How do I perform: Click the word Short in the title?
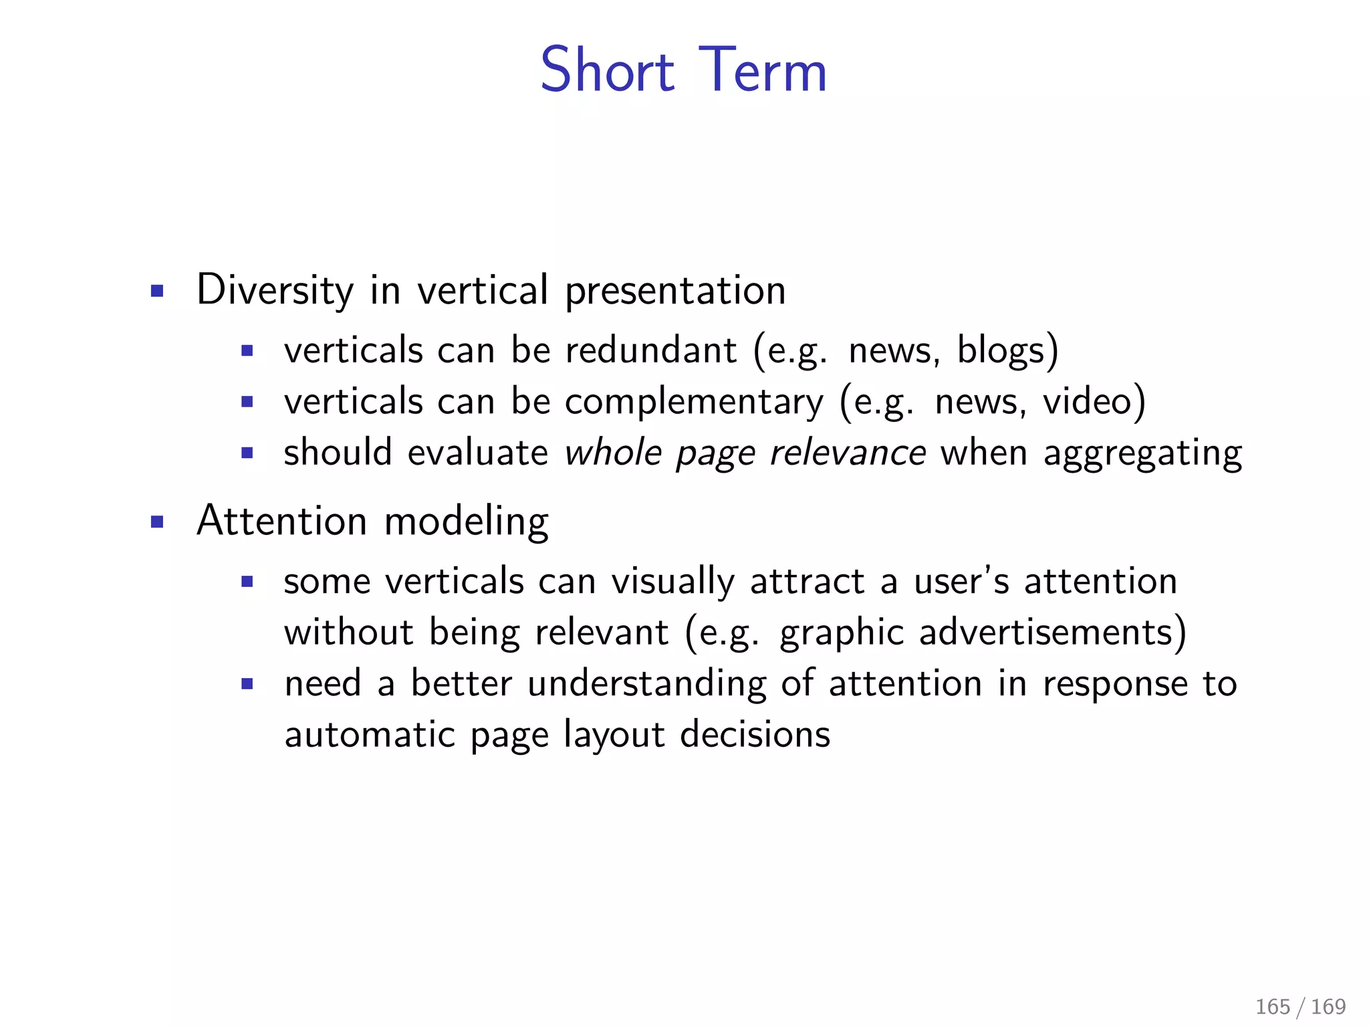tap(607, 70)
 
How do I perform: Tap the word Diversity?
tap(275, 291)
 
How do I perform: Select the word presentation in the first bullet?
tap(675, 292)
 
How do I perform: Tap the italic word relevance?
tap(848, 453)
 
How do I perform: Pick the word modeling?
tap(467, 522)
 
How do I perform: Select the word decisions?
tap(755, 734)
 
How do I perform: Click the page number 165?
tap(1272, 1006)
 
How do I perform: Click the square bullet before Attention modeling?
tap(157, 522)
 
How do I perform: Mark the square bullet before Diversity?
tap(157, 292)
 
